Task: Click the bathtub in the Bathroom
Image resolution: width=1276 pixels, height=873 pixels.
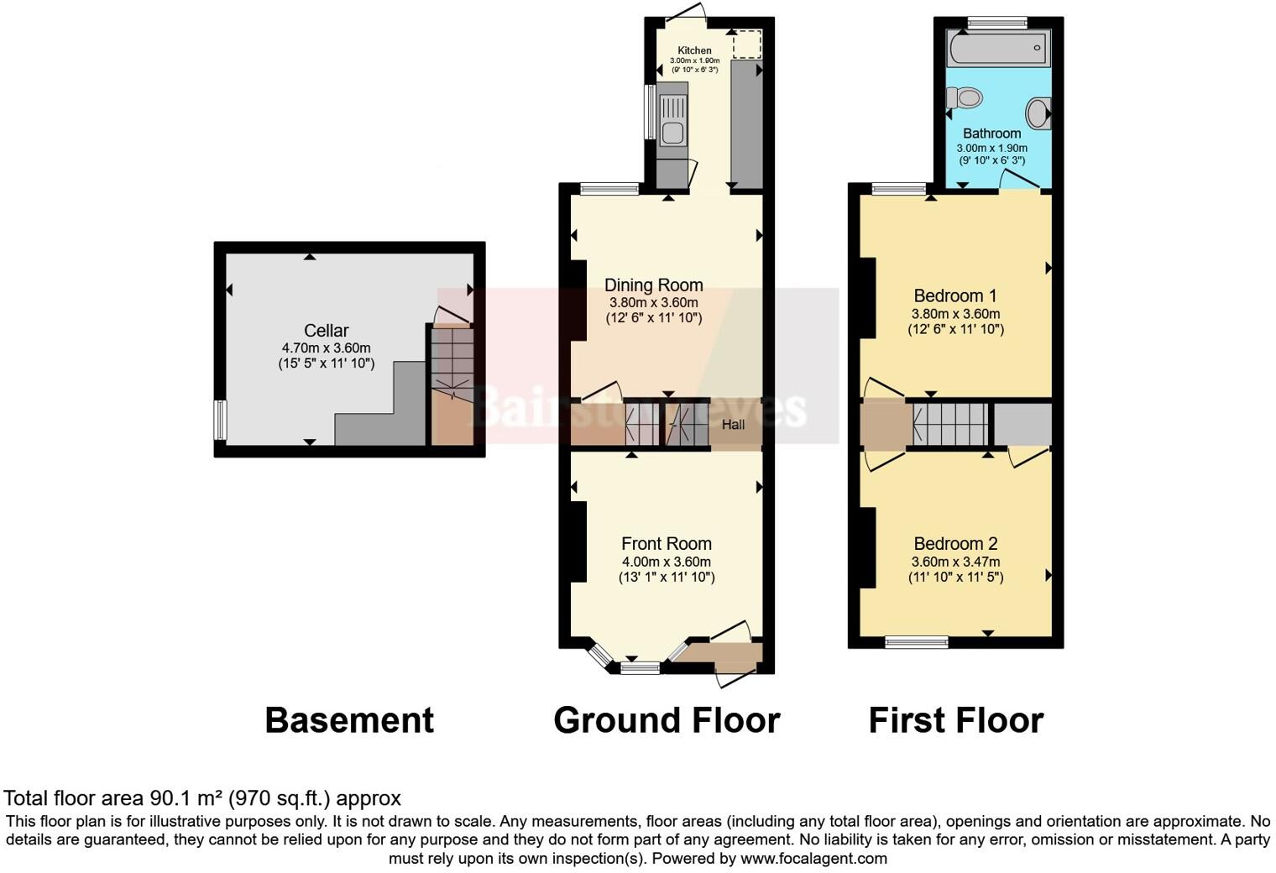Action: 997,50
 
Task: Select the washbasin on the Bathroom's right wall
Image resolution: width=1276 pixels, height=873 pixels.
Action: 1039,112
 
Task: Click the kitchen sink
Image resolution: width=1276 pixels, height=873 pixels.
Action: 672,120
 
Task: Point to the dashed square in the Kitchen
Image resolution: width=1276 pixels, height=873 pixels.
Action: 745,44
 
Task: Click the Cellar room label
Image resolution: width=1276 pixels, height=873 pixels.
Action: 326,331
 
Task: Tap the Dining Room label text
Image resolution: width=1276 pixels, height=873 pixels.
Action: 653,285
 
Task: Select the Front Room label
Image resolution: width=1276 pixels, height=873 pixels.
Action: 666,544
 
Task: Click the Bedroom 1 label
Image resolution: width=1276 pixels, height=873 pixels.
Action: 955,295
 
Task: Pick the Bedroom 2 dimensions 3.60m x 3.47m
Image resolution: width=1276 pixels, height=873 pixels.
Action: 955,562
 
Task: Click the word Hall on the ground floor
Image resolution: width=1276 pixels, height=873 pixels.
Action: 733,425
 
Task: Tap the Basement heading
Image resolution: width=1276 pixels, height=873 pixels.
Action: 349,720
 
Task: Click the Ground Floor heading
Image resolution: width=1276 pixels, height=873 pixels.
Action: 667,720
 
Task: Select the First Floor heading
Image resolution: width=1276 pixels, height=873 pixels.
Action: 955,720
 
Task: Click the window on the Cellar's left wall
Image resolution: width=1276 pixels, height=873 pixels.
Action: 220,420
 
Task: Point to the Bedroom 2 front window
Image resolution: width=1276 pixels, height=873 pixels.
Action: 917,642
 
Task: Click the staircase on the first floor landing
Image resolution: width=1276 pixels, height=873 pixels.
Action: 950,424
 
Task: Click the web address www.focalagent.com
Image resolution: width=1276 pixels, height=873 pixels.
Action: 813,859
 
